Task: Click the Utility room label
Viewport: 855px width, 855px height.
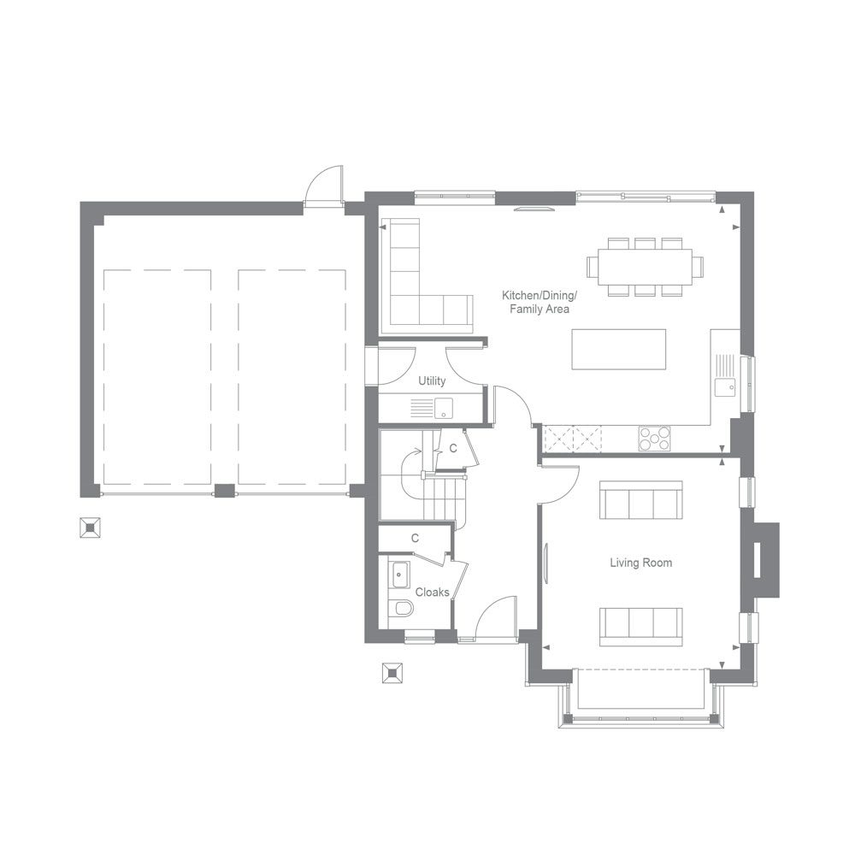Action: (432, 380)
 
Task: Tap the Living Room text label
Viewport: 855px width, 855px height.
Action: (640, 563)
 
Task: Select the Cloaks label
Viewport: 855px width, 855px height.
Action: (432, 592)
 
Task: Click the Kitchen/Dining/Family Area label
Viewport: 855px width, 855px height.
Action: (539, 303)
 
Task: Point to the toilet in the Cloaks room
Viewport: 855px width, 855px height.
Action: (401, 608)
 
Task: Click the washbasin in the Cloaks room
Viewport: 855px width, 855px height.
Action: (398, 575)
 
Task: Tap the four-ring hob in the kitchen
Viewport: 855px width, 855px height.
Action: (654, 439)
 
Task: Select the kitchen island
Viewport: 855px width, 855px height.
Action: (618, 349)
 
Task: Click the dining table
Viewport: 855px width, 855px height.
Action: (645, 267)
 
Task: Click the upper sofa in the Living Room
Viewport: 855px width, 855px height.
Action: (640, 500)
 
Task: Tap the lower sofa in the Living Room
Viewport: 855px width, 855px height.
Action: (640, 627)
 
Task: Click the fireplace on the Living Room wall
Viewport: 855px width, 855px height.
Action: (764, 560)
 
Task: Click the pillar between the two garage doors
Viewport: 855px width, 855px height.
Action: (224, 491)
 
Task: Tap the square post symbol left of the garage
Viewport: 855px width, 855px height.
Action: (89, 528)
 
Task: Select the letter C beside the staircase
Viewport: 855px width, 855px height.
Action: (453, 448)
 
